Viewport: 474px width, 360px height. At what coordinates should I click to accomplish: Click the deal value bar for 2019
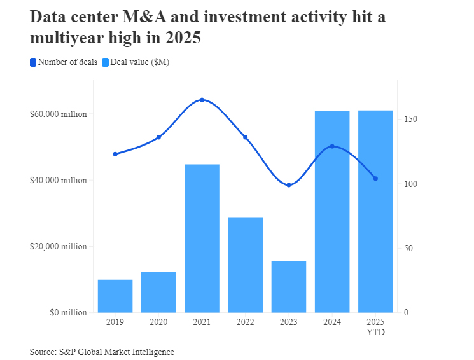115,296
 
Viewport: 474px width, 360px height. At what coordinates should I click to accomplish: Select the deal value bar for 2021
202,239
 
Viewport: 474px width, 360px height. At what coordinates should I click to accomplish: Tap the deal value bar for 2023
289,287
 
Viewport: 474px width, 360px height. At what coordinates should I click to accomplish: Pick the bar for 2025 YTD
375,211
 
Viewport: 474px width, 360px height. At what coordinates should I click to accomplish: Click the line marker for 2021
202,100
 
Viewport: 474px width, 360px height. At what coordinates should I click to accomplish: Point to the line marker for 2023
289,185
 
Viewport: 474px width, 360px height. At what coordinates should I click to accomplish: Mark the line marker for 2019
115,154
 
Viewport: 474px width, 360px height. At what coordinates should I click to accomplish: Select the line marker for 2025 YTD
375,179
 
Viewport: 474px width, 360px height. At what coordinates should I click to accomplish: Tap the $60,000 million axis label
58,114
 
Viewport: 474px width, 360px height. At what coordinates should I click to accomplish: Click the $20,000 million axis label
58,247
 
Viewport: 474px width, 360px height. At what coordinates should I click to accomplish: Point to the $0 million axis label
66,313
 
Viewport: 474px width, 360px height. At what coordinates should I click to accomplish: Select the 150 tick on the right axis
409,120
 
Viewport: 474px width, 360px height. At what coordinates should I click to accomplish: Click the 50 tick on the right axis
407,248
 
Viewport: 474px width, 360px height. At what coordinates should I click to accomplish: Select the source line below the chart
102,352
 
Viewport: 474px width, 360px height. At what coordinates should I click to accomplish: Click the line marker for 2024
332,146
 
